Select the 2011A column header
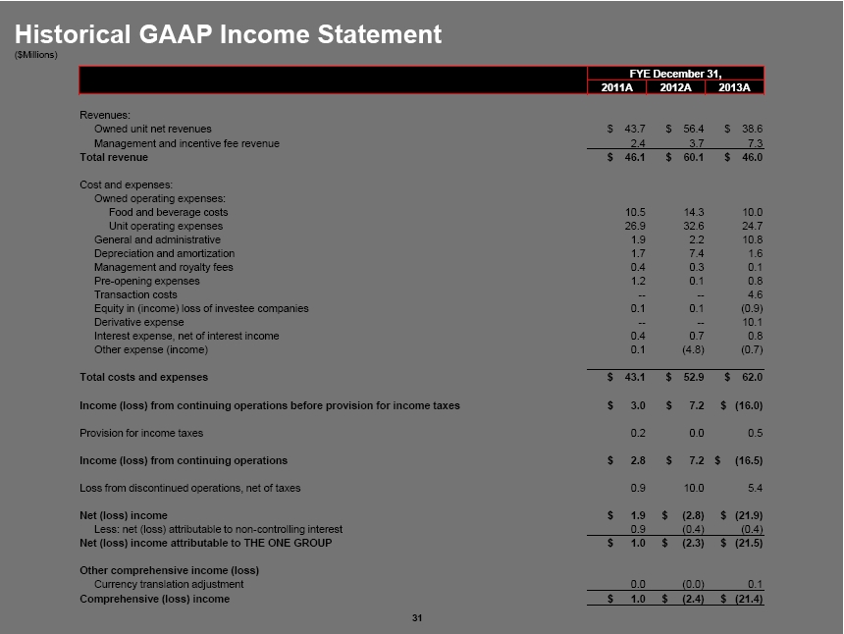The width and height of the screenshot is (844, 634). click(x=615, y=87)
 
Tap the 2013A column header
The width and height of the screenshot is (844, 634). click(x=733, y=87)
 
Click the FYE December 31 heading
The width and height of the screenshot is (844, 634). click(x=674, y=74)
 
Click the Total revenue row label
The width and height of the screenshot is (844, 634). click(x=113, y=157)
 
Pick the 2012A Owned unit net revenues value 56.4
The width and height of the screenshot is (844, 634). click(x=693, y=129)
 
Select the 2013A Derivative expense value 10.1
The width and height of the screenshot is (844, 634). click(x=751, y=322)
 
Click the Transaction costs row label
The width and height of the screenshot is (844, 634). click(x=135, y=294)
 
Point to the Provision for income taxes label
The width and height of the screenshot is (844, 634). click(x=141, y=433)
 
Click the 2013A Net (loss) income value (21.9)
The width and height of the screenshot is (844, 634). click(x=748, y=515)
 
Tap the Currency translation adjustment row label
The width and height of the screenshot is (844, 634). click(x=169, y=584)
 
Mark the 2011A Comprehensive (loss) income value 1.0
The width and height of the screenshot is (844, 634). click(x=636, y=599)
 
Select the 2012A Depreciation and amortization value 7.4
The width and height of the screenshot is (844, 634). click(x=696, y=253)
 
